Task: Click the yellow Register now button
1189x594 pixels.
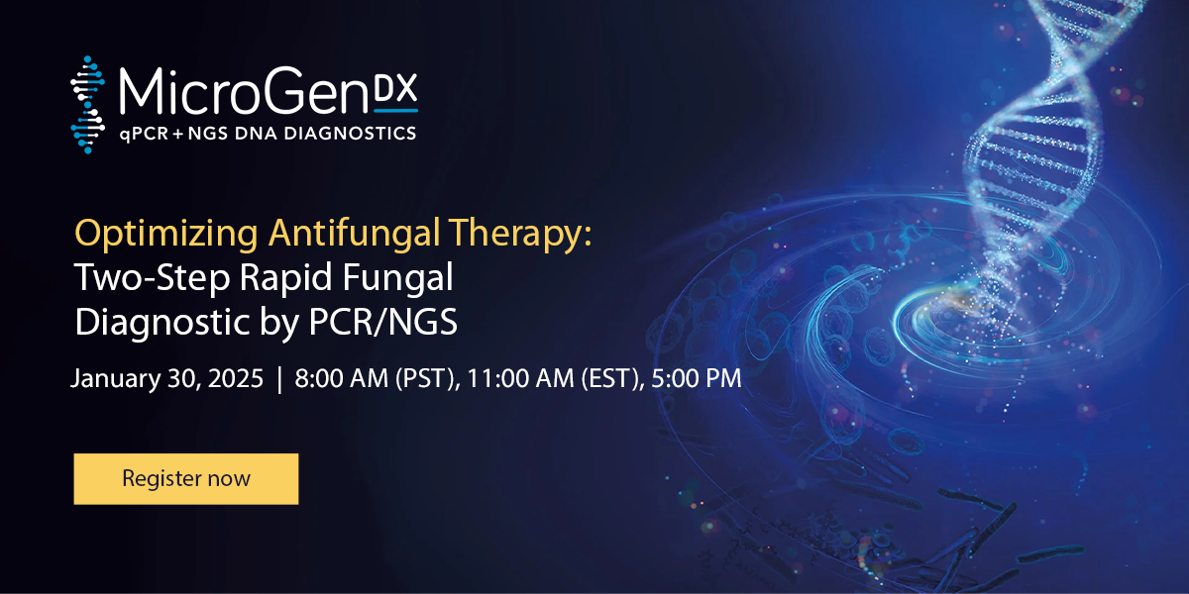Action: pyautogui.click(x=185, y=479)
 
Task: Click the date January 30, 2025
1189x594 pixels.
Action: pyautogui.click(x=167, y=379)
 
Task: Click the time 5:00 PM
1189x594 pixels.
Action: pyautogui.click(x=697, y=379)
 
